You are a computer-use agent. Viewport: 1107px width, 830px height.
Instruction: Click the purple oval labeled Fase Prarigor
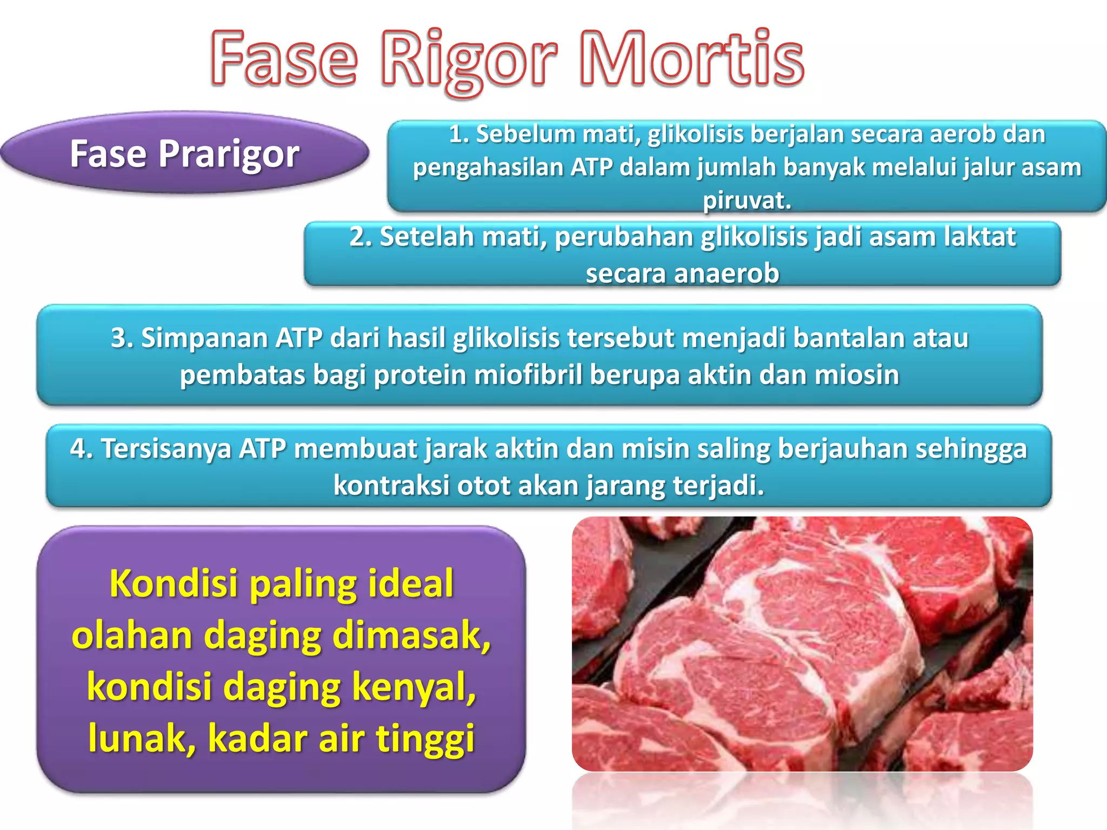click(x=184, y=153)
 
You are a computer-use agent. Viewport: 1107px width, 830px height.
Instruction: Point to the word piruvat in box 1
click(x=746, y=200)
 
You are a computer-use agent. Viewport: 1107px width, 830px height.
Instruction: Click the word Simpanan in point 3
click(x=205, y=338)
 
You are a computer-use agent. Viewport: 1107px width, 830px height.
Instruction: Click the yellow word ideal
click(x=411, y=584)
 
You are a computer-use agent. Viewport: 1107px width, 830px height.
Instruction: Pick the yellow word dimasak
click(x=411, y=635)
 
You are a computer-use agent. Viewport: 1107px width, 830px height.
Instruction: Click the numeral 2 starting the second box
click(x=358, y=237)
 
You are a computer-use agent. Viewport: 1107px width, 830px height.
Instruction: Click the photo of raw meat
click(x=802, y=643)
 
